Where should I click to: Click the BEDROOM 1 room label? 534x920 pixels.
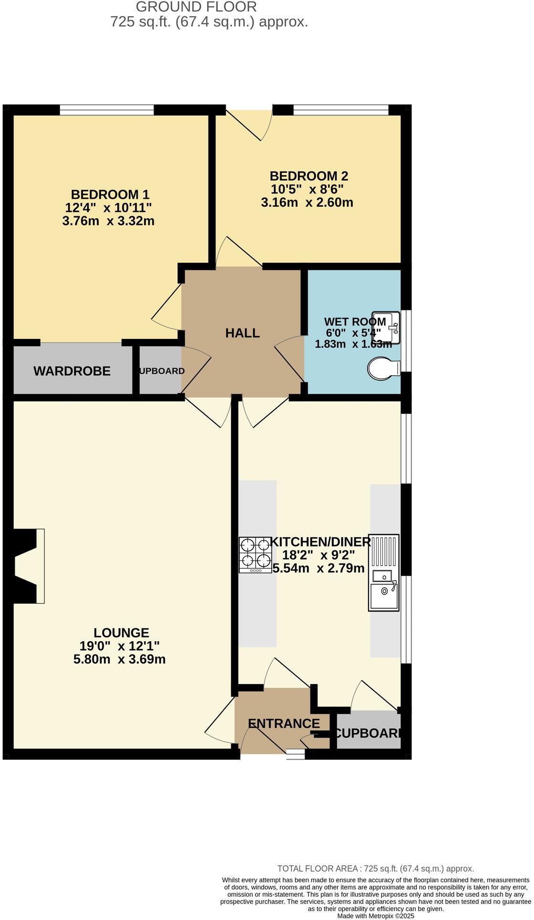(110, 194)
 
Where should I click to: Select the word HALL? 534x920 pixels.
(242, 333)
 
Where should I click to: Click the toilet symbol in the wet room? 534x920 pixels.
(384, 369)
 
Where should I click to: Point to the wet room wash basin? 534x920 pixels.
(386, 328)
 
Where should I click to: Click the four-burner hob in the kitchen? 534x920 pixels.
(255, 555)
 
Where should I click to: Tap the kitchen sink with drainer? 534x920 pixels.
(383, 572)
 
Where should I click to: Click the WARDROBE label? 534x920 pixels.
(72, 371)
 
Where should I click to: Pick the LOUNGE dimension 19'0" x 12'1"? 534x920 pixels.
(119, 646)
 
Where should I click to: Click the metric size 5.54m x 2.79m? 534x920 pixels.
(318, 568)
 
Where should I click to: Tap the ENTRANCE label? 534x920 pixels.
(284, 723)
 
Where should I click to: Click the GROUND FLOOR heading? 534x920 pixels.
(196, 7)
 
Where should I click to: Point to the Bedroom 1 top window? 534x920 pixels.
(107, 111)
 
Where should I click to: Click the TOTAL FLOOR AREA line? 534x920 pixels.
(375, 868)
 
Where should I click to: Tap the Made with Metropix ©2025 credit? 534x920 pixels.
(376, 916)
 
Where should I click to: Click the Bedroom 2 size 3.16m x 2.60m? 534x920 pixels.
(307, 202)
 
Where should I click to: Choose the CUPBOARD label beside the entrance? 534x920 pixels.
(368, 733)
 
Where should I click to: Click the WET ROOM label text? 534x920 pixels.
(355, 321)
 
